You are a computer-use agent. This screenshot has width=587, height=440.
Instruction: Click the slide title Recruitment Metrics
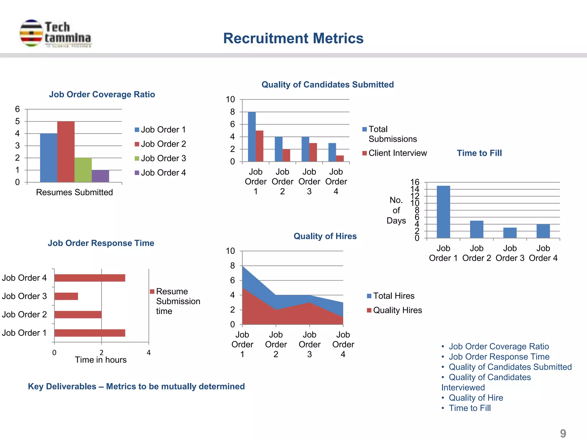293,38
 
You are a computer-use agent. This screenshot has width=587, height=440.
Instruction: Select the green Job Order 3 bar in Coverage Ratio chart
83,170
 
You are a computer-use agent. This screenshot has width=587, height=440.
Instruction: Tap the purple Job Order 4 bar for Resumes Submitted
100,176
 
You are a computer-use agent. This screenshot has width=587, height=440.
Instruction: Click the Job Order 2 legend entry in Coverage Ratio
161,144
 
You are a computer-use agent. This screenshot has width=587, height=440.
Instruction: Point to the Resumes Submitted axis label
74,192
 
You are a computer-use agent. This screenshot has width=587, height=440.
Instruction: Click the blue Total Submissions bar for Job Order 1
252,137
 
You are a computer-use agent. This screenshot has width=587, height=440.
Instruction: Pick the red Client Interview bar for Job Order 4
340,158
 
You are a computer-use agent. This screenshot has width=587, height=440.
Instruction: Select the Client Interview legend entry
395,153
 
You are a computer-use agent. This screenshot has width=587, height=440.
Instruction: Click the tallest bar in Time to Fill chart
443,212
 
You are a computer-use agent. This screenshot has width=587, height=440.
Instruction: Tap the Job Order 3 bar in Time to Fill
510,233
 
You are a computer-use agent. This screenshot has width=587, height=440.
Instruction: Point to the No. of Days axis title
396,210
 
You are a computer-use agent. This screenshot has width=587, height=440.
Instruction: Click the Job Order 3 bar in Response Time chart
66,296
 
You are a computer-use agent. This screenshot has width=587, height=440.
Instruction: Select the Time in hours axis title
101,360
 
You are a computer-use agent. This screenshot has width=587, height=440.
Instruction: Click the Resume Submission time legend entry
175,301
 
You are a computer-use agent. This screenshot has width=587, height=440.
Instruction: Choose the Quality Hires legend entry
395,310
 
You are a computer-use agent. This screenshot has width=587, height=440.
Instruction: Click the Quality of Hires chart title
325,236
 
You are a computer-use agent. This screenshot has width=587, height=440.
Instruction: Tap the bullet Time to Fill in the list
469,408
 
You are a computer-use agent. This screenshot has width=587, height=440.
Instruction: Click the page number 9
563,433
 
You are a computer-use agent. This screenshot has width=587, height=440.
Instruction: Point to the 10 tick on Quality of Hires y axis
230,251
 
